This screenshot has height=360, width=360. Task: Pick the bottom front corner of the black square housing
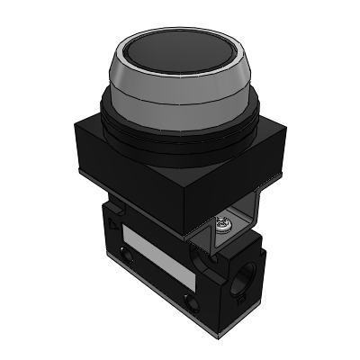click(188, 236)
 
